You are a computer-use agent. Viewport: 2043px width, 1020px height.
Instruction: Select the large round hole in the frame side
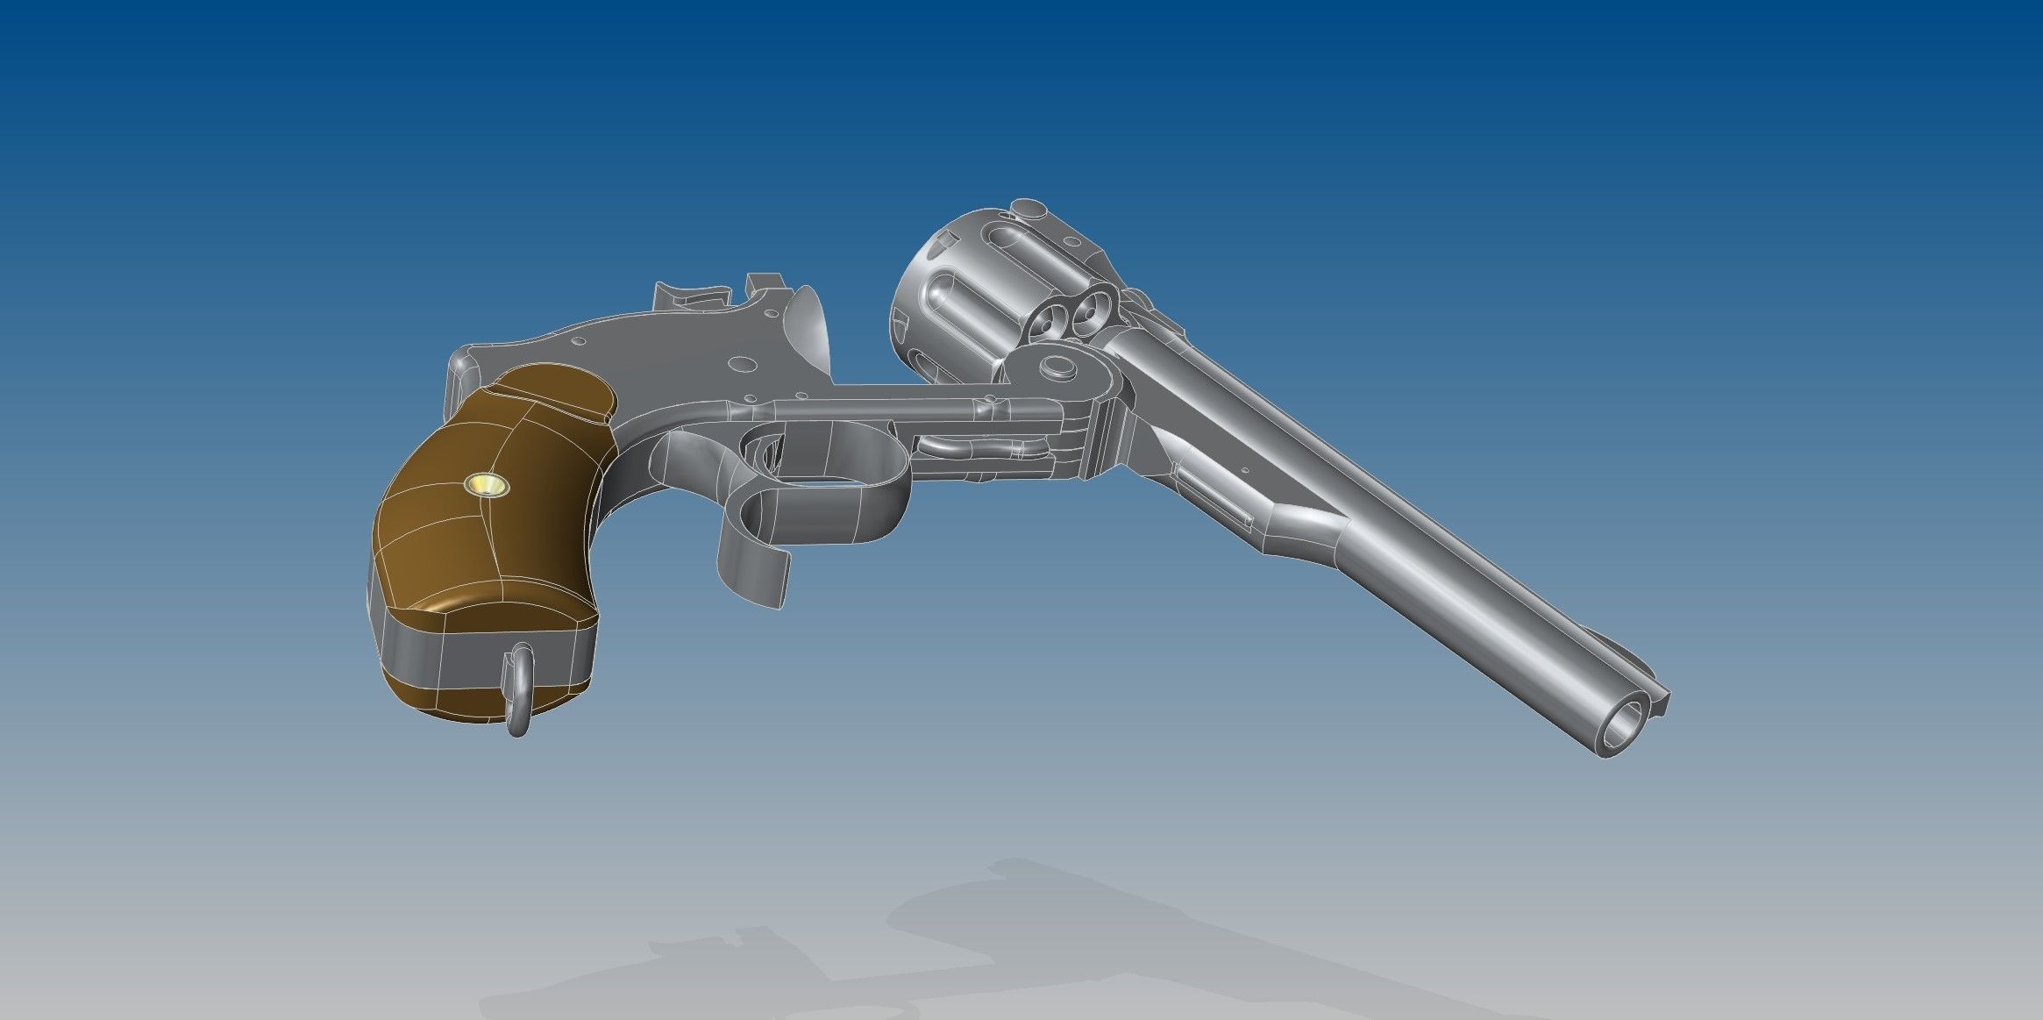[741, 360]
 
